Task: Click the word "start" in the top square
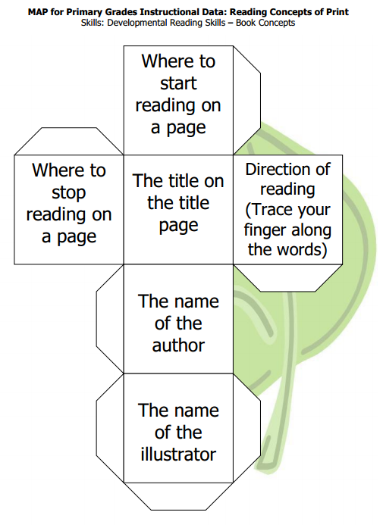point(178,83)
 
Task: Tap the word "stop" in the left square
point(69,193)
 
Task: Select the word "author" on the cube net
point(178,345)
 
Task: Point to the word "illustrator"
point(178,455)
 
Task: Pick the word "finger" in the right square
point(262,231)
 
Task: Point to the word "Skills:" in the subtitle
point(93,23)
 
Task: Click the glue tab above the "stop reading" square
point(69,142)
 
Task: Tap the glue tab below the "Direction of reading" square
point(288,278)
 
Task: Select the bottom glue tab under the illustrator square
point(178,496)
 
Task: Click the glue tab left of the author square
point(110,319)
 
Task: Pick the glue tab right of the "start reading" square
point(247,100)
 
